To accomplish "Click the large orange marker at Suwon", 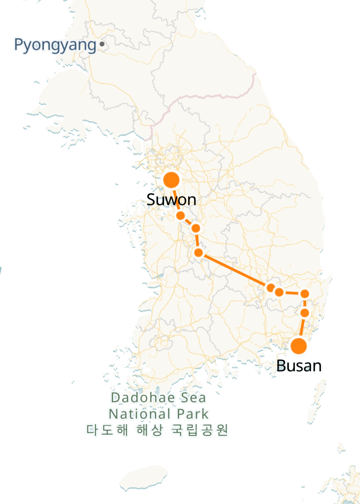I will coord(171,180).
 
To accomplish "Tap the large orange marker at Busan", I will coord(299,346).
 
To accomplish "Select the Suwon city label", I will coord(171,199).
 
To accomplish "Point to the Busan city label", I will coord(299,366).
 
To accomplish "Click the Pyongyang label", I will coord(55,45).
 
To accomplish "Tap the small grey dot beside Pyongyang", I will coord(101,44).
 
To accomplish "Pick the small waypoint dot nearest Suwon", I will coord(180,215).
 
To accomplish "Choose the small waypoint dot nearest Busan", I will coord(305,313).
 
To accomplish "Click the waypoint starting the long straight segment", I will coord(198,252).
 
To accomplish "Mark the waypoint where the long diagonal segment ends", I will coord(270,288).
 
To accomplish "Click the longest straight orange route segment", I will coord(234,270).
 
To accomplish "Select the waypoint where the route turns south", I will coord(305,294).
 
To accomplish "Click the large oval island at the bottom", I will coord(143,477).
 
